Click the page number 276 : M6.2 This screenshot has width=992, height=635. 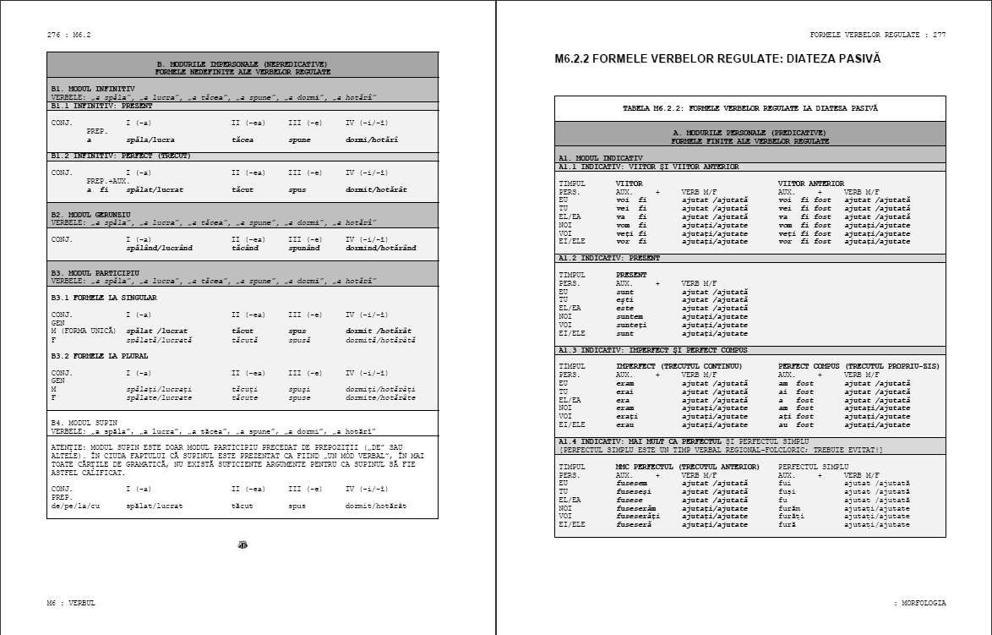tap(68, 35)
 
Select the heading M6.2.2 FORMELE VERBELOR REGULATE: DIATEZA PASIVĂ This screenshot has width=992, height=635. tap(717, 59)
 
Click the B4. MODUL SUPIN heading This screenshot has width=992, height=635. tap(84, 422)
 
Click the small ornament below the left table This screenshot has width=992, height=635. tap(243, 545)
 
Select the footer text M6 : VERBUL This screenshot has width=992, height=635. tap(71, 603)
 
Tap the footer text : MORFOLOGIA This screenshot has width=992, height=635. tap(920, 603)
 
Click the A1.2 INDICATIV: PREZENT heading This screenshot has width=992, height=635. tap(609, 258)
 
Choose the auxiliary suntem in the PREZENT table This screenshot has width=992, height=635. tap(630, 316)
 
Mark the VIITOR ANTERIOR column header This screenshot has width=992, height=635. tap(810, 183)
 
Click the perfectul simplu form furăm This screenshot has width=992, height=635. tap(790, 508)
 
